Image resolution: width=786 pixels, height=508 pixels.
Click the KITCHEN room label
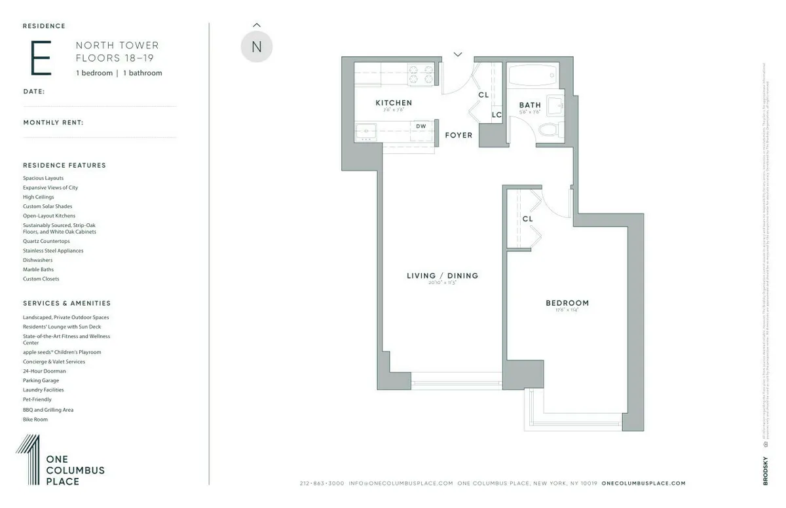(394, 103)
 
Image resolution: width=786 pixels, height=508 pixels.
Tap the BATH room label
(530, 105)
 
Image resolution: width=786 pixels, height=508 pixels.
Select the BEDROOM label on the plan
(567, 303)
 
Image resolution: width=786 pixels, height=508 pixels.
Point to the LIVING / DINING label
(443, 276)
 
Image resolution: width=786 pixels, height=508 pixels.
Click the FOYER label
(458, 136)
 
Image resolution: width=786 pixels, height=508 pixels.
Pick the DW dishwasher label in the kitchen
(421, 126)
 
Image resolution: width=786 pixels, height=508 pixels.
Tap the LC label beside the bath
(496, 115)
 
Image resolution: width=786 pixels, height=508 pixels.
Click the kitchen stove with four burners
(422, 75)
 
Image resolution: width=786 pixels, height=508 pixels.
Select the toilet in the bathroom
(549, 129)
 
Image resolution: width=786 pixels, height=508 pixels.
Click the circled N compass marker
(256, 47)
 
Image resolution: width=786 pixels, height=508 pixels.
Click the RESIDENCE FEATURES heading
(64, 166)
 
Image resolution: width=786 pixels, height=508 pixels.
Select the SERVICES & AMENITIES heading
(67, 304)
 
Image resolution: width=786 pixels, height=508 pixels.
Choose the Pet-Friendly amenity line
(37, 399)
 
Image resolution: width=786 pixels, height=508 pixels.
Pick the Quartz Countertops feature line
(46, 241)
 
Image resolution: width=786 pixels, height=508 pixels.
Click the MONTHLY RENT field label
(53, 122)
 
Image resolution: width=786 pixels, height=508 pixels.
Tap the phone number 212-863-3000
(322, 483)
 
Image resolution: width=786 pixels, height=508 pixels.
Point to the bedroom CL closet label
(528, 219)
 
